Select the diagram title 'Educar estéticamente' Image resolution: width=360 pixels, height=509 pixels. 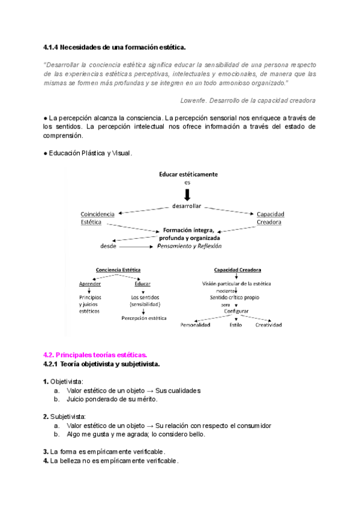coord(188,174)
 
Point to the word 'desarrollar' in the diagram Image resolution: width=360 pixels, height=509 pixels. coord(188,206)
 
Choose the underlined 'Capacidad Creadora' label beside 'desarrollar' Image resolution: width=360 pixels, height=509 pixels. coord(270,218)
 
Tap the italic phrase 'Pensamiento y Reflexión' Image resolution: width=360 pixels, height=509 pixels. coord(190,245)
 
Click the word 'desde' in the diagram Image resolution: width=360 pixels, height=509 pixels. coord(108,246)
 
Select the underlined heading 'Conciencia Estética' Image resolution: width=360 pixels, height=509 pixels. coord(118,270)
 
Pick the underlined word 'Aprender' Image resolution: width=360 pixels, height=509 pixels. coord(90,283)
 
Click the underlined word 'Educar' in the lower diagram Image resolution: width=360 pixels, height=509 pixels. coord(143,283)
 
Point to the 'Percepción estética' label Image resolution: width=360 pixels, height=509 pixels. coord(144,318)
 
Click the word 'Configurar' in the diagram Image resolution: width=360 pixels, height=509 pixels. coord(236,311)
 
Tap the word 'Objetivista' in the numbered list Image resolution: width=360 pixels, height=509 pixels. coord(67,381)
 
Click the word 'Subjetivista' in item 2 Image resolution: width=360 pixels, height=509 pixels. coord(68,417)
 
